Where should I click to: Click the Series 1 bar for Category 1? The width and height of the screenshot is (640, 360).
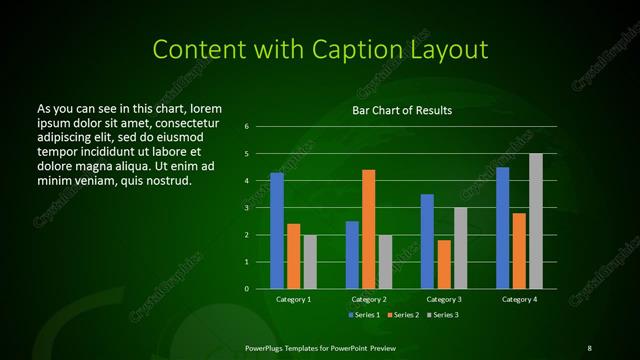point(277,231)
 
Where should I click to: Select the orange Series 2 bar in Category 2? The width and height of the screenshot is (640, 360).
point(368,229)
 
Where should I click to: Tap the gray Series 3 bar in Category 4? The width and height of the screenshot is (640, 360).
point(535,221)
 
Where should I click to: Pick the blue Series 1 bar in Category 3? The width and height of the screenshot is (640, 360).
point(427,241)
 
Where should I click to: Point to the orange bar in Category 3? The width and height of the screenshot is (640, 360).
point(443,264)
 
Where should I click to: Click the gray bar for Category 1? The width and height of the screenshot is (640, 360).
point(310,262)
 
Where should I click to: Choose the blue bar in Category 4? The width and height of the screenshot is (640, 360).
point(502,228)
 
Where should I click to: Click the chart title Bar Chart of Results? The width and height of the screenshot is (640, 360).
point(402,110)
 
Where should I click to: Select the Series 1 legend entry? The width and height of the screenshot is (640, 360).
point(363,315)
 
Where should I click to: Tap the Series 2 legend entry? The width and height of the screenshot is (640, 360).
point(403,315)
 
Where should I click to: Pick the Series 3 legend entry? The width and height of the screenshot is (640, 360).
point(443,315)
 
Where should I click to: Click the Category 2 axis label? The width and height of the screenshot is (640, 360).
point(368,299)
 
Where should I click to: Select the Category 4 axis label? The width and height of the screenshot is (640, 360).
point(519,299)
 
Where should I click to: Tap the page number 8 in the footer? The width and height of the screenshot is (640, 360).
point(589,347)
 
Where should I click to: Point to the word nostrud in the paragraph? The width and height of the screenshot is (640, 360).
point(167,180)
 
